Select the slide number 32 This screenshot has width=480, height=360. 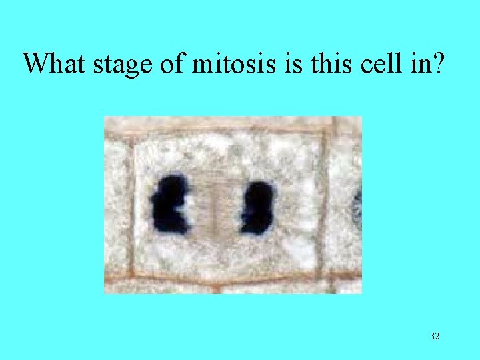[x=435, y=337]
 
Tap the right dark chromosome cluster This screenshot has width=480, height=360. [x=257, y=207]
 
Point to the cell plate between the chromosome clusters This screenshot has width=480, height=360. [x=213, y=205]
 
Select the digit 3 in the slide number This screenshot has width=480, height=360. [x=432, y=337]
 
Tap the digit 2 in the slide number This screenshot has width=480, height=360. [x=437, y=337]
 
